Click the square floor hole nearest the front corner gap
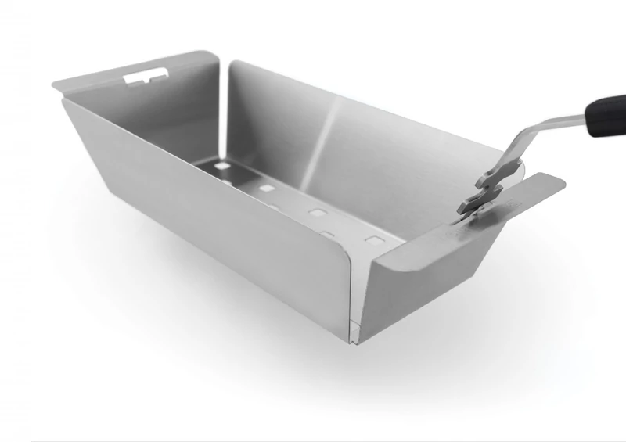pyautogui.click(x=374, y=241)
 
